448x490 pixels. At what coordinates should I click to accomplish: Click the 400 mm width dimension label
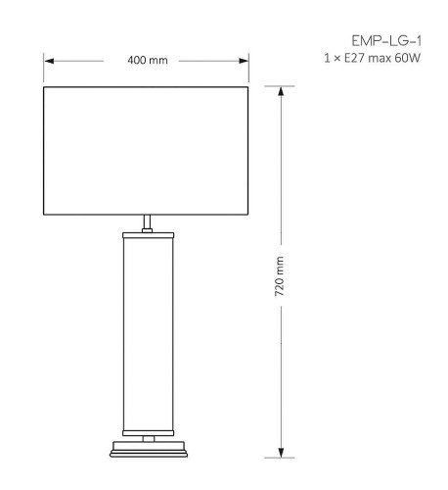[148, 61]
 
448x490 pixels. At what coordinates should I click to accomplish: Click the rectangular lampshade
[148, 150]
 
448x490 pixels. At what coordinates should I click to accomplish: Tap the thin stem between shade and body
[148, 222]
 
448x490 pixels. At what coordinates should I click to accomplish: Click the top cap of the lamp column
[148, 235]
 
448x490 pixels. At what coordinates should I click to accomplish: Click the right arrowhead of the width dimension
[246, 61]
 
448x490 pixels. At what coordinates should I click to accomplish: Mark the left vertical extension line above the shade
[44, 69]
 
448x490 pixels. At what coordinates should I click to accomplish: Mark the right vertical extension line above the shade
[251, 69]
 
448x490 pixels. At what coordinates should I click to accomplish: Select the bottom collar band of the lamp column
[148, 430]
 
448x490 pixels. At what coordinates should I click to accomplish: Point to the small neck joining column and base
[148, 438]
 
